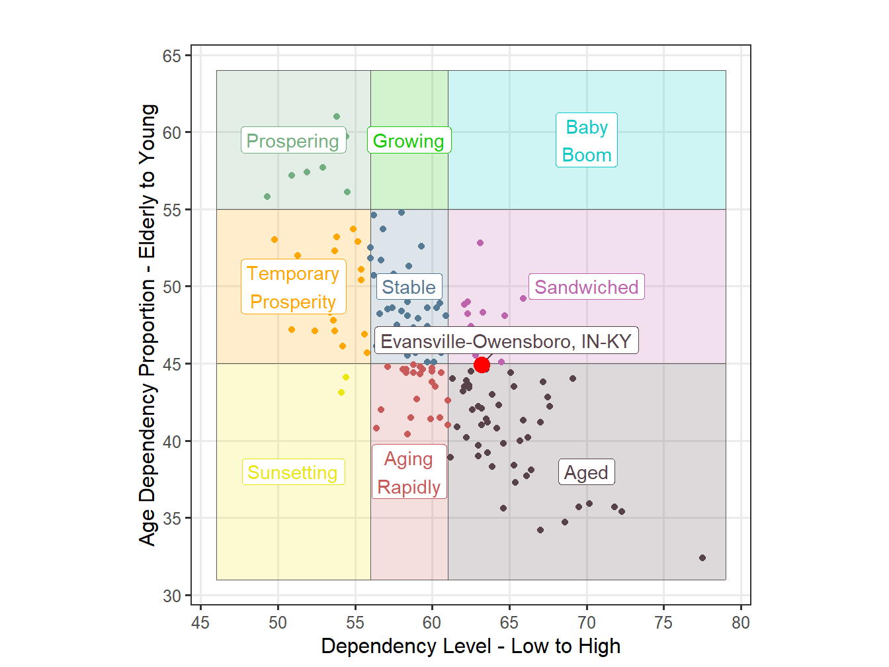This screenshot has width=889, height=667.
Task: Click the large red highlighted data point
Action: (x=482, y=365)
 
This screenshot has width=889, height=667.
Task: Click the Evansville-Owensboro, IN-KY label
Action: (x=506, y=341)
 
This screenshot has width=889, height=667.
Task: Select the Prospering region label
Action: (x=293, y=141)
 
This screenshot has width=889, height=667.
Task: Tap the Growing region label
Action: (x=409, y=141)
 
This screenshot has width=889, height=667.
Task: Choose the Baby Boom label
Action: (x=586, y=140)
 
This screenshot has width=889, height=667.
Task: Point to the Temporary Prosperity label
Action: (x=293, y=287)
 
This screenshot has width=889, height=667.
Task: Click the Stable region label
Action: (x=409, y=287)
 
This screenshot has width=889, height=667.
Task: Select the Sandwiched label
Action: (x=586, y=287)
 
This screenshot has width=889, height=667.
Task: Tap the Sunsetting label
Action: (x=293, y=472)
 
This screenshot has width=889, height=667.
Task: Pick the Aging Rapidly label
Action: (x=409, y=472)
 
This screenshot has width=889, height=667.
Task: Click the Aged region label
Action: (x=586, y=472)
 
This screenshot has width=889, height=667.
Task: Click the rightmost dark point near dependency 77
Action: (x=702, y=558)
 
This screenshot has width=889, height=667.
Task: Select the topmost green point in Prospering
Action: (x=337, y=116)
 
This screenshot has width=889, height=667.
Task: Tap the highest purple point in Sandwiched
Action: (x=480, y=243)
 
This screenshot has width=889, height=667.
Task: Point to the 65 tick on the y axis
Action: (x=172, y=56)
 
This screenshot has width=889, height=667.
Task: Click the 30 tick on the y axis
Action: (x=172, y=596)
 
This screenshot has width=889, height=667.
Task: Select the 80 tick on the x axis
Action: (x=741, y=623)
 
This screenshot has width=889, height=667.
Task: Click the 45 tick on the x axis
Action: (x=200, y=623)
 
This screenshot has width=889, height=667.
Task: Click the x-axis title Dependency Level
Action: (x=470, y=646)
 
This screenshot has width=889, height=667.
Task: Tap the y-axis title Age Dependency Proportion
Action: (x=148, y=324)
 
